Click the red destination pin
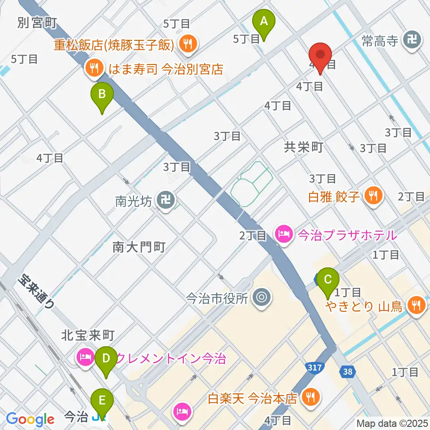point(321,57)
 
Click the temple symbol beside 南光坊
point(166,200)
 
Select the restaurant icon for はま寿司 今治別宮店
point(93,69)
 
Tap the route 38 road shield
point(348,371)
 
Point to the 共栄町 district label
point(303,147)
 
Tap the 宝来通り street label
point(36,291)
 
